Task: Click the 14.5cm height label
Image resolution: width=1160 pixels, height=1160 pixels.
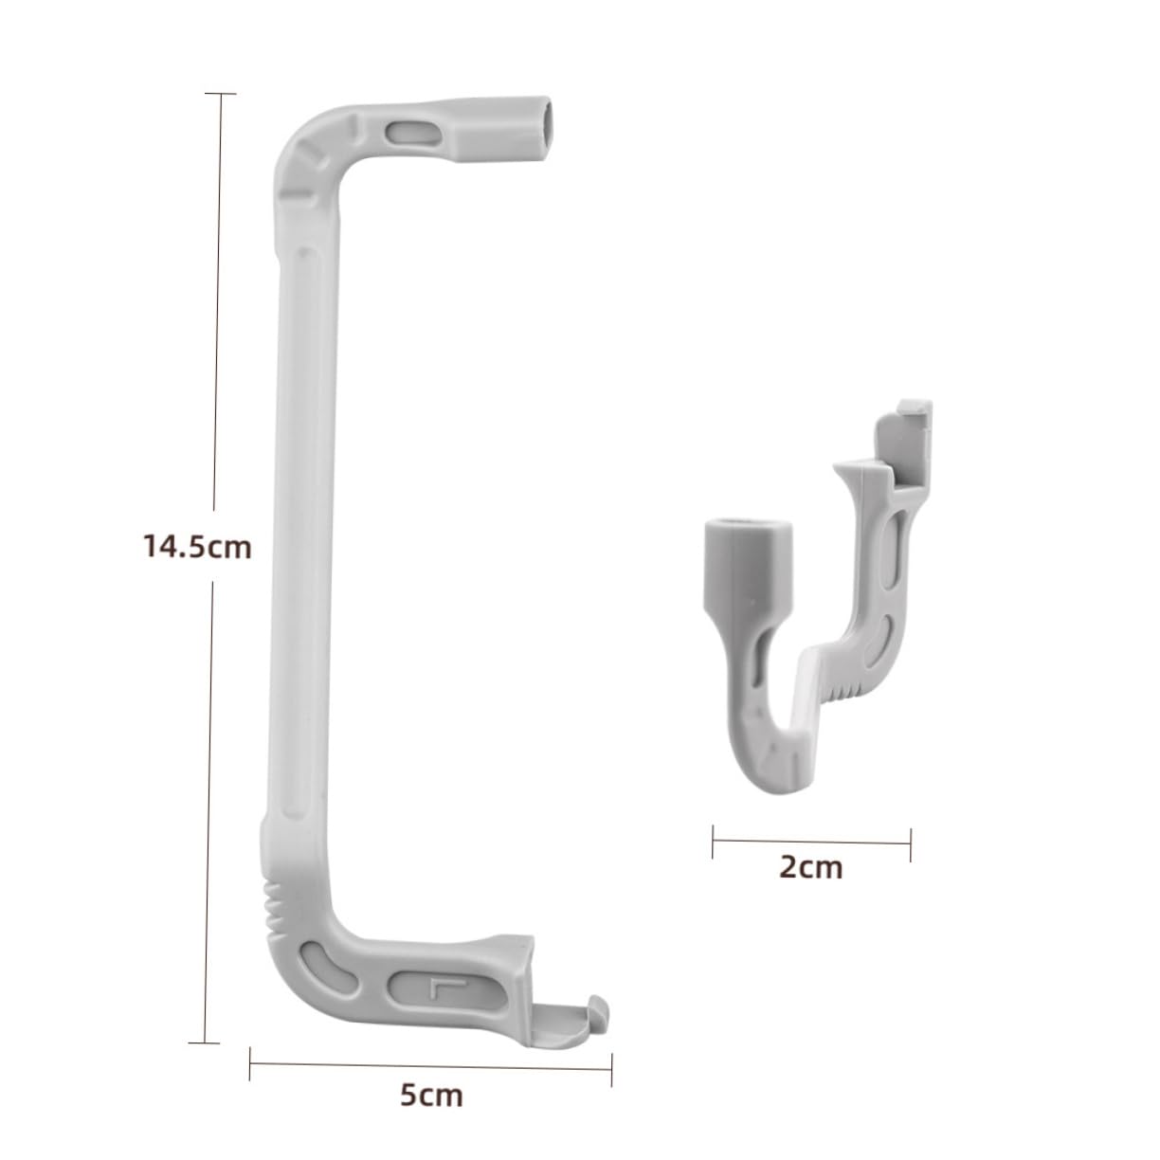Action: click(197, 547)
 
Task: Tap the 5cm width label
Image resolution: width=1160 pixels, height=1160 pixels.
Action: click(431, 1096)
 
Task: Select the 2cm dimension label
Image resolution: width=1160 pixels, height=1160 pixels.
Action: click(810, 866)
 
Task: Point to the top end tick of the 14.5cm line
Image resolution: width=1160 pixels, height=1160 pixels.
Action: click(220, 94)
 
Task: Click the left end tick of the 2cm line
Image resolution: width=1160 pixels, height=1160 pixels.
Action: click(713, 841)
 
